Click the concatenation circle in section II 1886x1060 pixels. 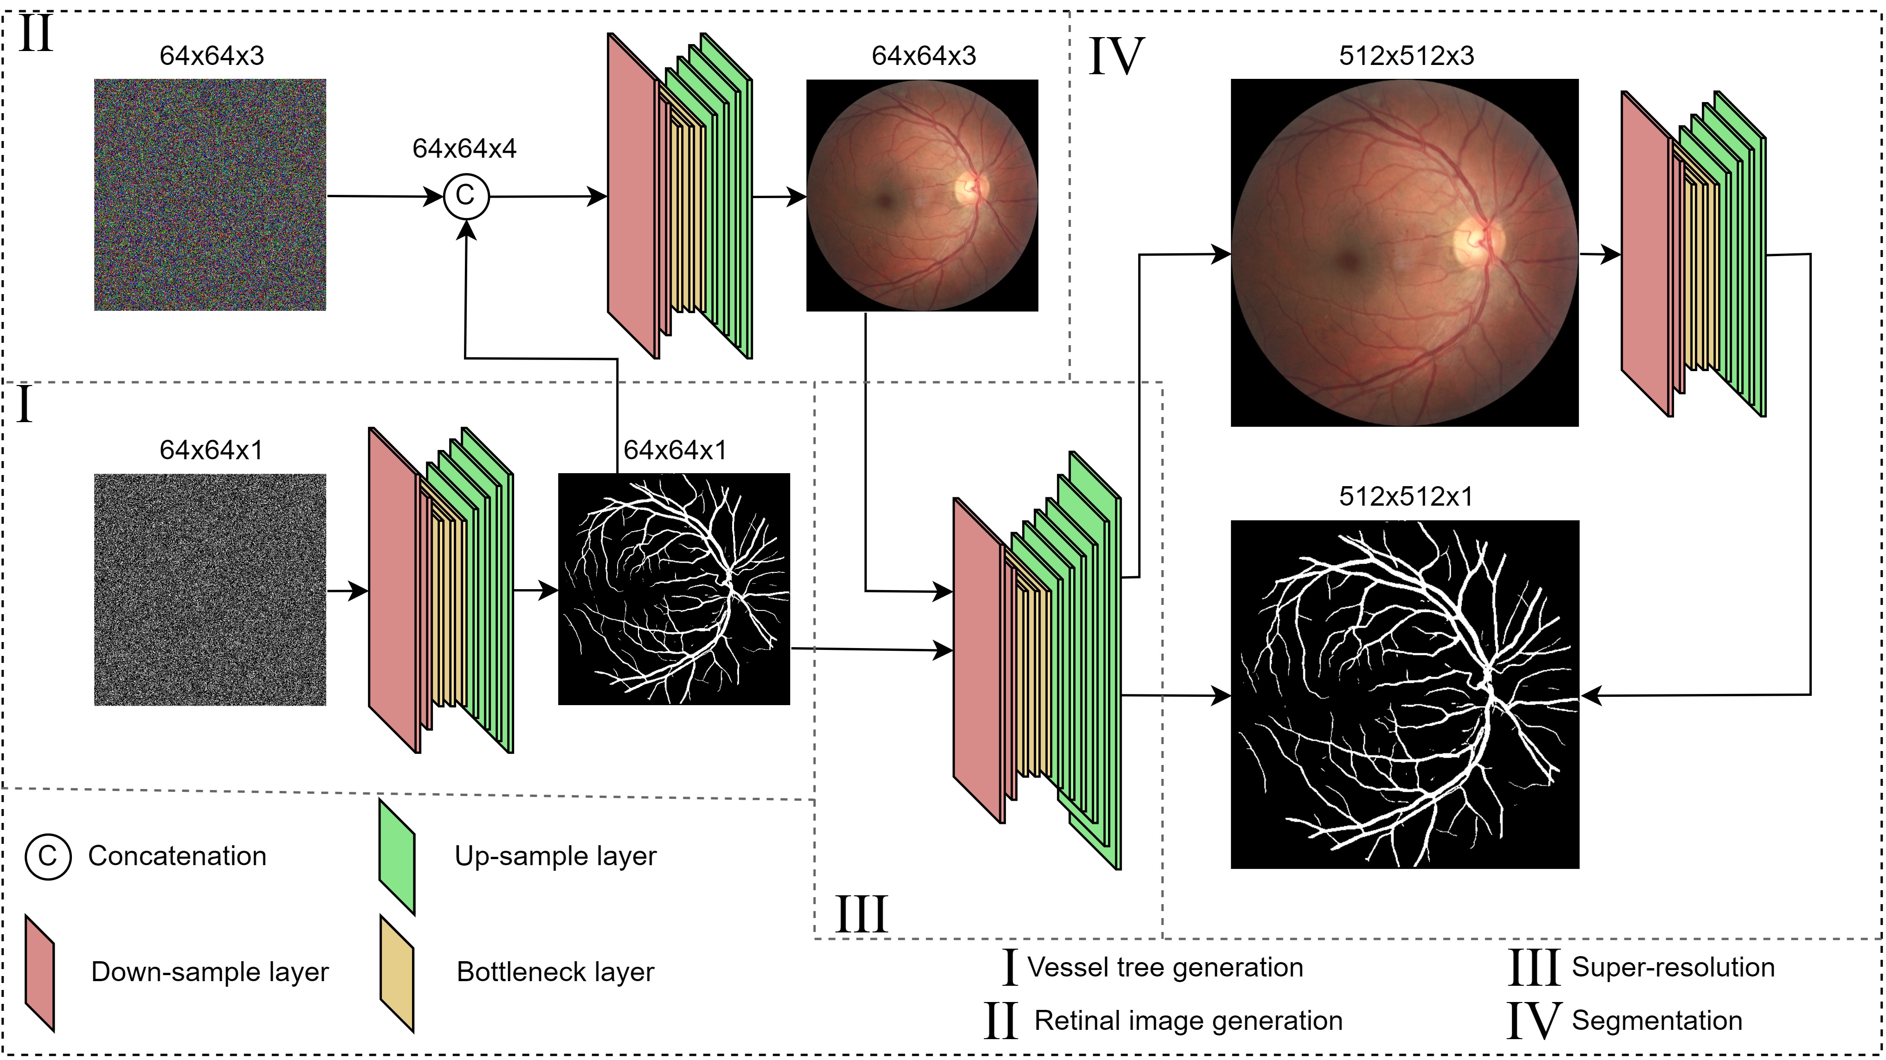[x=466, y=196]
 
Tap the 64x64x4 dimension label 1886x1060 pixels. [x=464, y=148]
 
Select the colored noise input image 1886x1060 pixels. [x=210, y=195]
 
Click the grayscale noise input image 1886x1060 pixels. [x=210, y=589]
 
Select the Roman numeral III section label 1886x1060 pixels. [x=861, y=914]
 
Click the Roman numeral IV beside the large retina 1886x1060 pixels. [x=1116, y=57]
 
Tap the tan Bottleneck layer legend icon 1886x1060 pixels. [x=397, y=973]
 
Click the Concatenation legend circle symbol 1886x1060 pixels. [x=48, y=856]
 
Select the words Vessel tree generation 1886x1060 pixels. [x=1165, y=967]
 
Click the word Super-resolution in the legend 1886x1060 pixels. [x=1673, y=967]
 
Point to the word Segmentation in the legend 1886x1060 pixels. [x=1657, y=1021]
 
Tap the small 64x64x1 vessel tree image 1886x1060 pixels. [x=674, y=589]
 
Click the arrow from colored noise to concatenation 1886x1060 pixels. [x=384, y=196]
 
